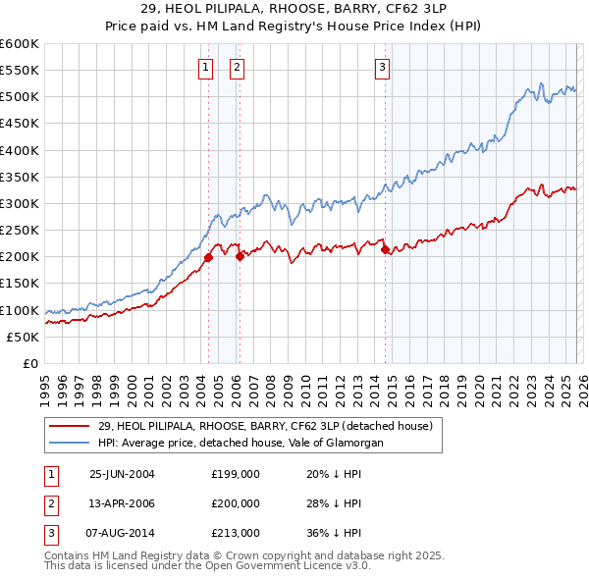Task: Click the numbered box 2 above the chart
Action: tap(238, 68)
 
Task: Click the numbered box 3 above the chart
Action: tap(382, 68)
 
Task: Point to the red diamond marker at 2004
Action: tap(208, 258)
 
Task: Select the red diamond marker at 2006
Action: tap(240, 257)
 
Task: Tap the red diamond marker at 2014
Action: tap(385, 250)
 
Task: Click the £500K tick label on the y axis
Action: tap(19, 97)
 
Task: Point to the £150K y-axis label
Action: tap(19, 284)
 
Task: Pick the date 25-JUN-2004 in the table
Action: tap(122, 473)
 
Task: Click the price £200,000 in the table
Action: tap(235, 503)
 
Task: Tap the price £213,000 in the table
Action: tap(235, 534)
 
